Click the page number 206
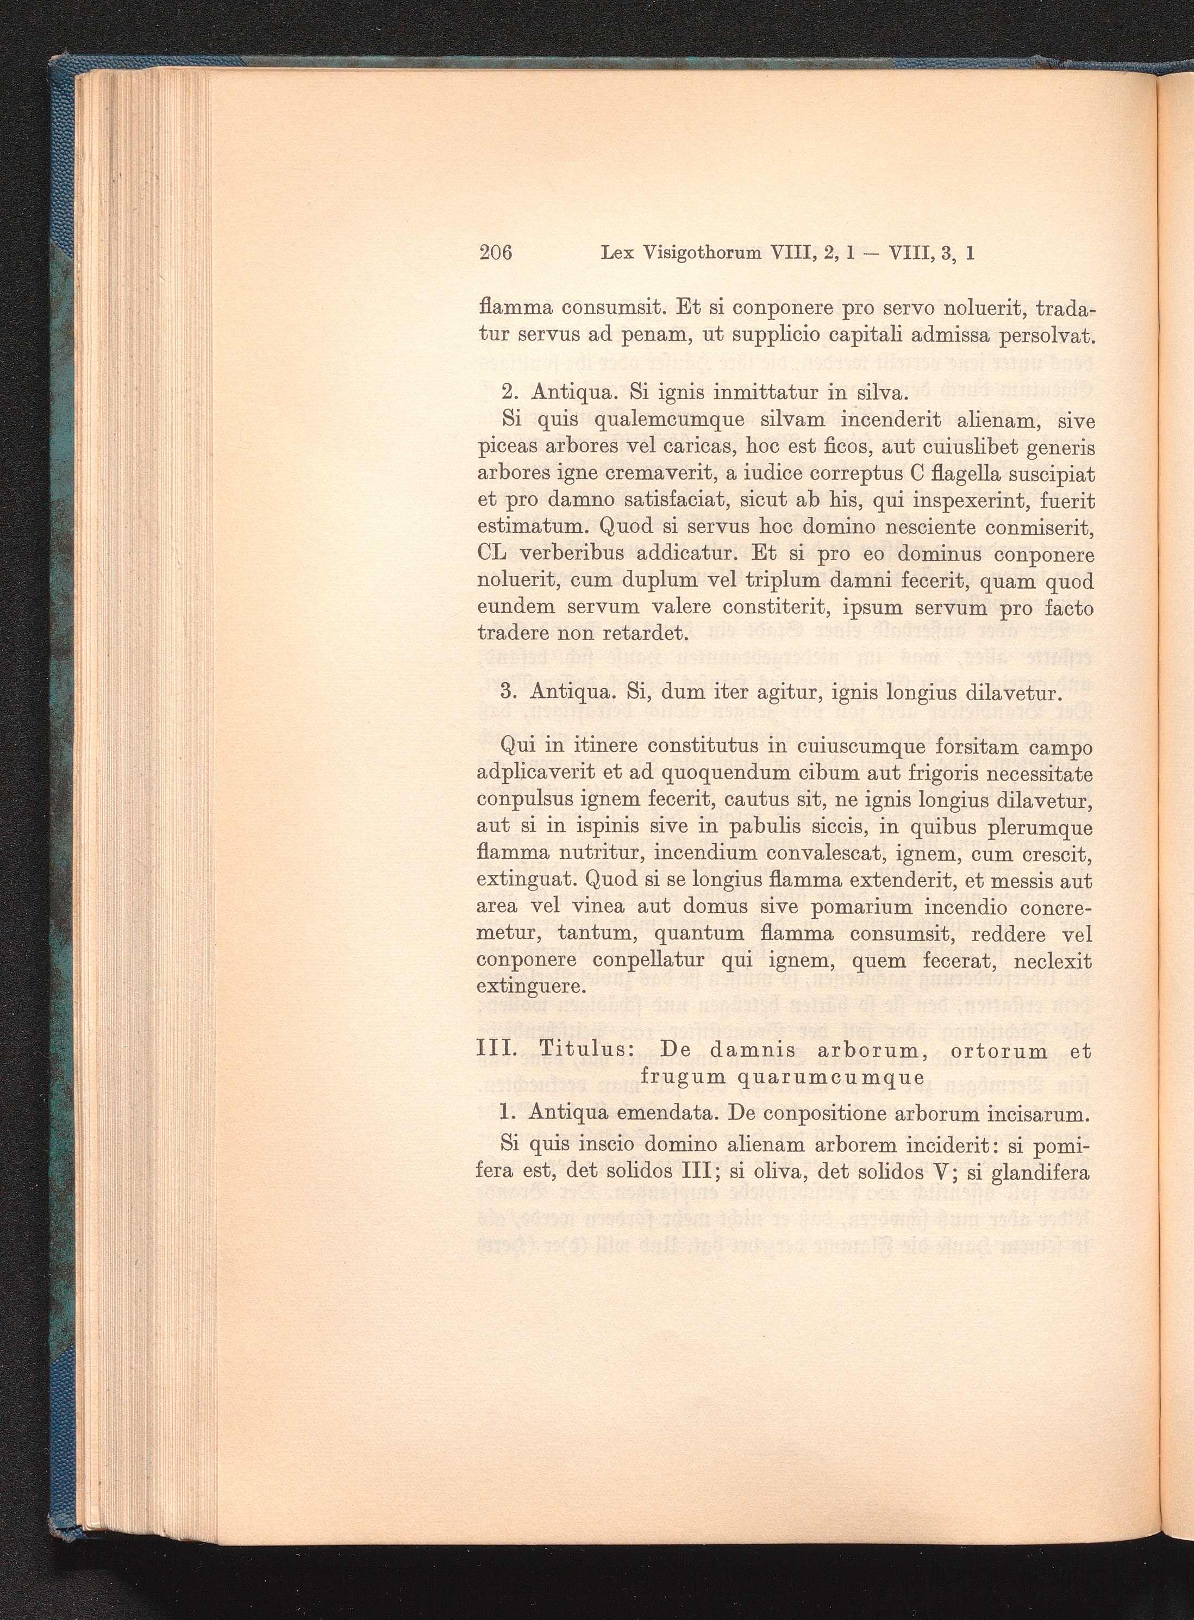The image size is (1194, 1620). click(495, 253)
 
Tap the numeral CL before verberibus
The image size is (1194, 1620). click(495, 554)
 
